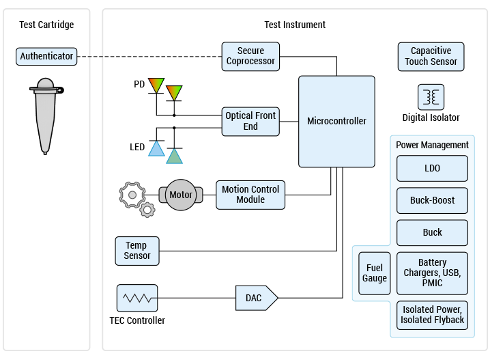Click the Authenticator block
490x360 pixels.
click(46, 57)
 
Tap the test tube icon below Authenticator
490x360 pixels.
click(45, 116)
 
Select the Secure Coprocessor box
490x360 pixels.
click(250, 56)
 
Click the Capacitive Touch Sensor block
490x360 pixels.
click(431, 57)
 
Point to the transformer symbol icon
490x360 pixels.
click(431, 98)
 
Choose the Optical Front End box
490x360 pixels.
click(250, 122)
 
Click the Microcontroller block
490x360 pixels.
click(336, 122)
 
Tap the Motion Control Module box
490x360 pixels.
click(250, 195)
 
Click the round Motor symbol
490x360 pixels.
click(181, 195)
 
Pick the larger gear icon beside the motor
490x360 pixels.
click(131, 195)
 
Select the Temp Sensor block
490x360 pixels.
click(137, 251)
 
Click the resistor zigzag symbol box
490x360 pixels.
click(137, 299)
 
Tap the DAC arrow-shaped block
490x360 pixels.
click(256, 299)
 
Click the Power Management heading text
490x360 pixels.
click(432, 145)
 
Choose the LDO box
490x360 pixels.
click(432, 168)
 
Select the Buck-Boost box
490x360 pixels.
click(432, 200)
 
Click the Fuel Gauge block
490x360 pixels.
click(374, 273)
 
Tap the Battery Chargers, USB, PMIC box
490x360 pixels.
click(432, 273)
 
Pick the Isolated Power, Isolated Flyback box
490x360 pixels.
click(432, 315)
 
